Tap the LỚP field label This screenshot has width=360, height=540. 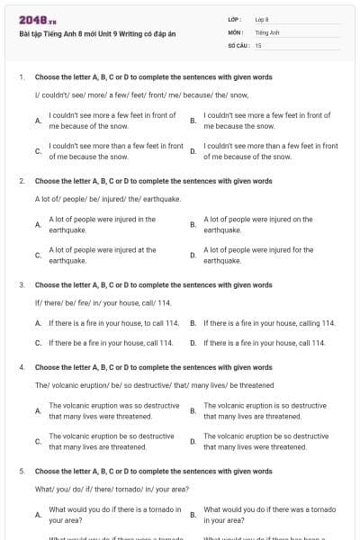pyautogui.click(x=236, y=19)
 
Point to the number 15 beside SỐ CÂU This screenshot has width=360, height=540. pyautogui.click(x=258, y=44)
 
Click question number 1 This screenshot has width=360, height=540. pyautogui.click(x=21, y=77)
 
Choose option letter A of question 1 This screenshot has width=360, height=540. pyautogui.click(x=38, y=121)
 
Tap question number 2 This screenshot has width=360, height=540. pyautogui.click(x=21, y=181)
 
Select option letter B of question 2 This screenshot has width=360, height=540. pyautogui.click(x=193, y=224)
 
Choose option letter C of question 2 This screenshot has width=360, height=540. pyautogui.click(x=38, y=255)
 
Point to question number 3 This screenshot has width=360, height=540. pyautogui.click(x=21, y=284)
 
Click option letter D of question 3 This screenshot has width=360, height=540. pyautogui.click(x=193, y=343)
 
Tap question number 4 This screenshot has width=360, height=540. pyautogui.click(x=21, y=367)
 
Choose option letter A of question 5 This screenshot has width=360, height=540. pyautogui.click(x=38, y=515)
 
